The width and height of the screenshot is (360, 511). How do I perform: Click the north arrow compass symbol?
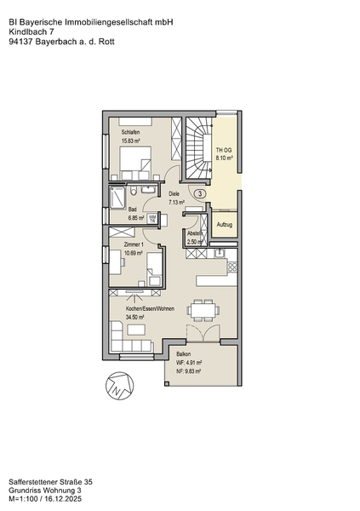pos(119,386)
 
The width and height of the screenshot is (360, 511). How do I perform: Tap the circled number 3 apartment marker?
pos(200,193)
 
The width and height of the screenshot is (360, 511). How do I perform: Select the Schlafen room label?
pos(131,132)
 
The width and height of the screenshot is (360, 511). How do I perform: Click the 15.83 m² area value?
pos(131,141)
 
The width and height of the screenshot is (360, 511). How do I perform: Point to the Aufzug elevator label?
pos(225,225)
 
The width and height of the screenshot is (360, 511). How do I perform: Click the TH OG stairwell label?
pos(224,150)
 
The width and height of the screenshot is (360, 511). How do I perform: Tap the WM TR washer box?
pos(152,218)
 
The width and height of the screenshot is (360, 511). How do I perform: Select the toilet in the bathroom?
pos(134,190)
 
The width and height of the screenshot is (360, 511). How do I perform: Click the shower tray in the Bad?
pos(117,197)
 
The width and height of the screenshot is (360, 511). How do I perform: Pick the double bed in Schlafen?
pos(136,163)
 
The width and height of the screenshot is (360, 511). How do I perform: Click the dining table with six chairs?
pos(203,310)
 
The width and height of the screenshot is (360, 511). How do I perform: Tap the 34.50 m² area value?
pos(134,317)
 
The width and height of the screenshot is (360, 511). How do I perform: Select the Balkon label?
pos(184,354)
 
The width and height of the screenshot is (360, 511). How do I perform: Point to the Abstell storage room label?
pos(195,233)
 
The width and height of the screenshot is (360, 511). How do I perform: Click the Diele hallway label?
pos(174,193)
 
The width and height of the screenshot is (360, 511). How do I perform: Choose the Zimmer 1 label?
pos(134,244)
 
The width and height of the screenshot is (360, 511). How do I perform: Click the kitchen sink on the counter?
pos(220,253)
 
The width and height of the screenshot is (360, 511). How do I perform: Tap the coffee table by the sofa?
pos(136,330)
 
